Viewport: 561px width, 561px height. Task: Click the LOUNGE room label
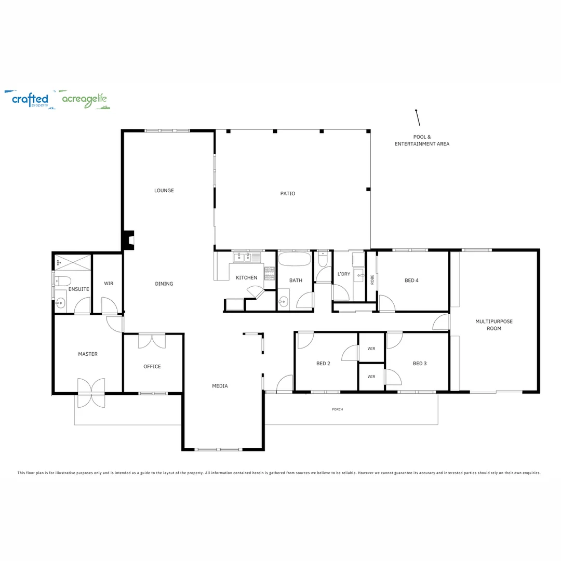pos(164,191)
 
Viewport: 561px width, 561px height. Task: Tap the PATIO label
pos(288,194)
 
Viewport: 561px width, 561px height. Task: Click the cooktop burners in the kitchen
pos(270,274)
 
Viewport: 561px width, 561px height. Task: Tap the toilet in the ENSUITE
pos(63,281)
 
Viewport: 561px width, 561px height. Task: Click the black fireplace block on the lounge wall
pos(128,239)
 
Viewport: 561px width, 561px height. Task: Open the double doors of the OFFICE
pos(152,341)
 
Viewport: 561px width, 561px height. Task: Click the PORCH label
pos(338,409)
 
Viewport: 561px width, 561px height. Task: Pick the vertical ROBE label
pos(372,279)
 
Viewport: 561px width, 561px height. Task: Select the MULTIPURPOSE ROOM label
pos(493,325)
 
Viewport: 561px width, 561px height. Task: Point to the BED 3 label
pos(420,364)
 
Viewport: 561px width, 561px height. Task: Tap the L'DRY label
pos(344,274)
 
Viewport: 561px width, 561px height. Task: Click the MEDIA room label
pos(220,386)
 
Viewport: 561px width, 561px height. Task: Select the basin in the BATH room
pos(283,300)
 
